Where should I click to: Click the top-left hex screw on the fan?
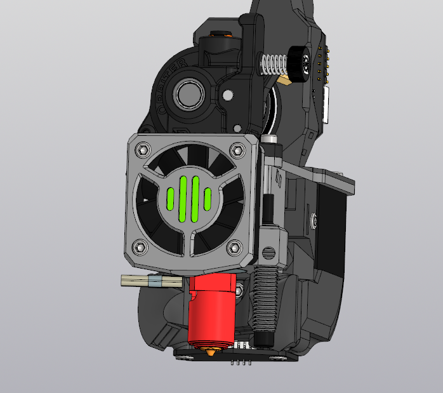point(142,150)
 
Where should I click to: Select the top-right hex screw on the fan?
point(237,150)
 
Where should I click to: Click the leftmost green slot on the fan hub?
point(170,198)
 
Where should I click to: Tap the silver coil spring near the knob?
point(272,62)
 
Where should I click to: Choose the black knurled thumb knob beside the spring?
point(298,63)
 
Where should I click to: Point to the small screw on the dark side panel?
point(315,220)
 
